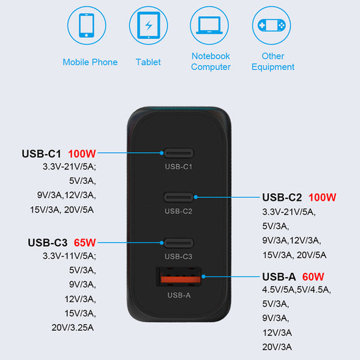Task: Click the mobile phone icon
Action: pyautogui.click(x=86, y=25)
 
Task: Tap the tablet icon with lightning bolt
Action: pyautogui.click(x=149, y=25)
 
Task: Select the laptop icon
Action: pyautogui.click(x=209, y=25)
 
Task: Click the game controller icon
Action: pyautogui.click(x=272, y=25)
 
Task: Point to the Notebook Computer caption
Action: pyautogui.click(x=211, y=62)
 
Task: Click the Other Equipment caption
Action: pyautogui.click(x=273, y=62)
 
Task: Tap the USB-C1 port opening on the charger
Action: pyautogui.click(x=179, y=153)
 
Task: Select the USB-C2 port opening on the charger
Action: pyautogui.click(x=179, y=197)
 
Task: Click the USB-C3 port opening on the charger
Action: pyautogui.click(x=179, y=243)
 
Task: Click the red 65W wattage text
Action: pyautogui.click(x=84, y=242)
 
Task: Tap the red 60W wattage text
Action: pyautogui.click(x=313, y=277)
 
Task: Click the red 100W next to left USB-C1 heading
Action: pyautogui.click(x=82, y=153)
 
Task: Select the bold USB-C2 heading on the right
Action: pyautogui.click(x=282, y=197)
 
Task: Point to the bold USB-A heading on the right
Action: pyautogui.click(x=279, y=277)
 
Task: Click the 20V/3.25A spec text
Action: pyautogui.click(x=73, y=328)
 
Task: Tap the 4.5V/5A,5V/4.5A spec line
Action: pyautogui.click(x=296, y=290)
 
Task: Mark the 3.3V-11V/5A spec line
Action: pyautogui.click(x=70, y=256)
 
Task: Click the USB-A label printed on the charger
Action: pyautogui.click(x=179, y=295)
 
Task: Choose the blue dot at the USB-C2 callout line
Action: pyautogui.click(x=196, y=197)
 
